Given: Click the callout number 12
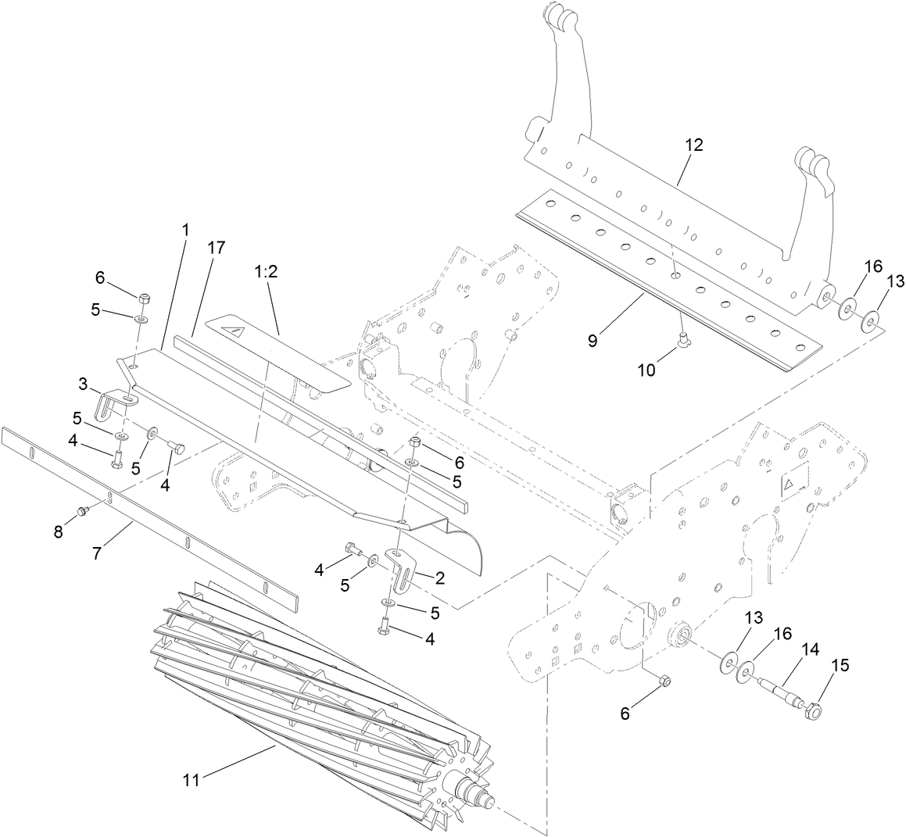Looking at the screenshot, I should [693, 145].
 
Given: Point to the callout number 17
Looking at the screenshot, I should [216, 248].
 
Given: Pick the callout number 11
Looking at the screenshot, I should [192, 779].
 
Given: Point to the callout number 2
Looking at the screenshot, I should [439, 578].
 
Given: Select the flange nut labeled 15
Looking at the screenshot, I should [811, 712].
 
